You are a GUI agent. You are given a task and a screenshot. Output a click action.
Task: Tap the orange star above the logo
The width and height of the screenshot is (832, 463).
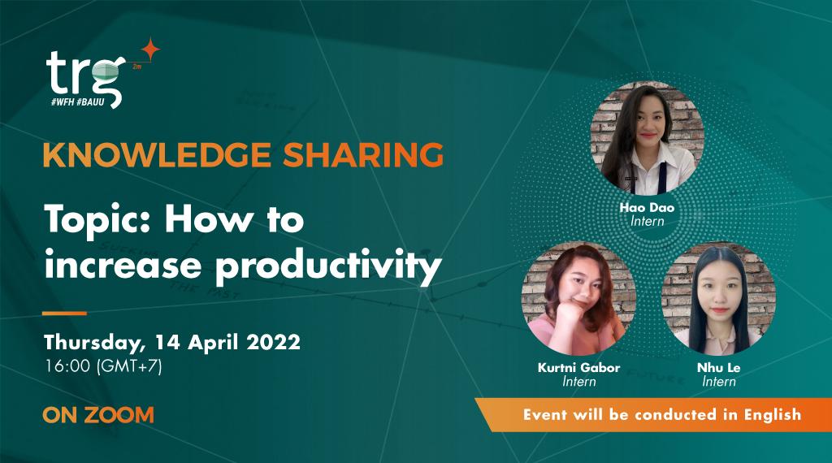(149, 49)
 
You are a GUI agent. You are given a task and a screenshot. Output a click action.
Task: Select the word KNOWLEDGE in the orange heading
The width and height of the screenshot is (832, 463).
(134, 154)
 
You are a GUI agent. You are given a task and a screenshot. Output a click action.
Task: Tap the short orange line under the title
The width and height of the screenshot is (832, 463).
(64, 313)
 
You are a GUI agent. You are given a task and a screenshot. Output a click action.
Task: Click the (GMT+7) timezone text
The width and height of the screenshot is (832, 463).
(129, 366)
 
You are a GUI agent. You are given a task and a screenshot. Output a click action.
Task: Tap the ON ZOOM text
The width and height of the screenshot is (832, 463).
(98, 415)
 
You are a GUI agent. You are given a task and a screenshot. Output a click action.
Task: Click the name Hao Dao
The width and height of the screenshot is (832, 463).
(647, 208)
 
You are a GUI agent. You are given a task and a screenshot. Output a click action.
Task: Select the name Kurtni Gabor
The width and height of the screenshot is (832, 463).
(578, 368)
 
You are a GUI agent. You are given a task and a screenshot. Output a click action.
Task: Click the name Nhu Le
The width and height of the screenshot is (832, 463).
(718, 368)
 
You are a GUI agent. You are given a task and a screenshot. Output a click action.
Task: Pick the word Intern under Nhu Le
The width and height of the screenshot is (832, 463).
(718, 382)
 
